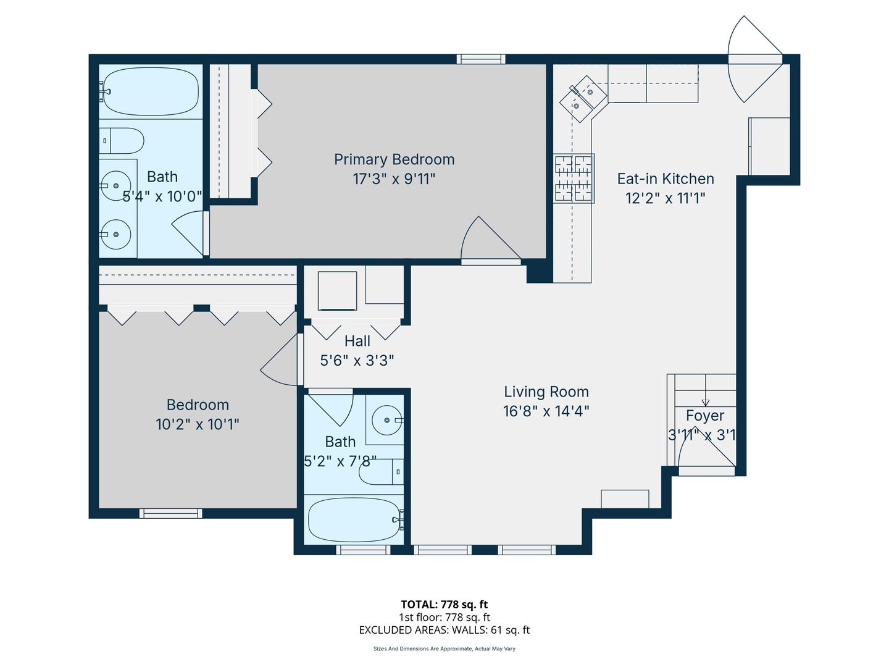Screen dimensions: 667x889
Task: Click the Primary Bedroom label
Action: tap(394, 159)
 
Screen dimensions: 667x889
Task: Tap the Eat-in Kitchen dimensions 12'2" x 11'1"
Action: tap(665, 198)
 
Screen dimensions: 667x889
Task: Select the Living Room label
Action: tap(546, 392)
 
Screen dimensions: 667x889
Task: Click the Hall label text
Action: tap(357, 341)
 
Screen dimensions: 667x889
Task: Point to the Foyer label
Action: tap(704, 416)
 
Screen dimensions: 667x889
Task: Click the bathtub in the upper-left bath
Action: tap(150, 91)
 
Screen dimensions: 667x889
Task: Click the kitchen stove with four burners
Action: tap(574, 178)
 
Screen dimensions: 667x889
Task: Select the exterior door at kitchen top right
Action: tap(754, 59)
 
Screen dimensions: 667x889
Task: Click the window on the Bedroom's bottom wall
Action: tap(170, 513)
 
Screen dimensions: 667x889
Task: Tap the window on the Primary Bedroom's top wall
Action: tap(481, 59)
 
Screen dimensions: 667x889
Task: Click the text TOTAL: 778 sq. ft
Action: tap(444, 605)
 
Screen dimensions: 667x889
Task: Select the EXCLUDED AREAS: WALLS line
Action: tap(444, 630)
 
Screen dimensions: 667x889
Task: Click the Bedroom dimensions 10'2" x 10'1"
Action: tap(197, 424)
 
